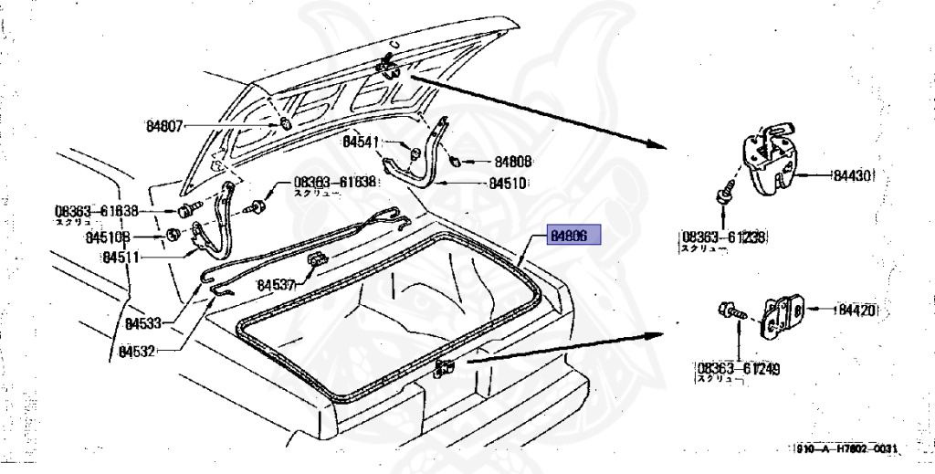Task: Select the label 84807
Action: pyautogui.click(x=165, y=126)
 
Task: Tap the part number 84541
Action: pyautogui.click(x=362, y=142)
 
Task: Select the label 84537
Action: pyautogui.click(x=278, y=286)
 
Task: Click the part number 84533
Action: pyautogui.click(x=143, y=322)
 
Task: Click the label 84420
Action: pyautogui.click(x=857, y=310)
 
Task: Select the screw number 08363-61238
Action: pyautogui.click(x=722, y=237)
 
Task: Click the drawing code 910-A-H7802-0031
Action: pyautogui.click(x=846, y=449)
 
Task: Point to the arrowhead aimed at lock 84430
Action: pyautogui.click(x=651, y=144)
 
